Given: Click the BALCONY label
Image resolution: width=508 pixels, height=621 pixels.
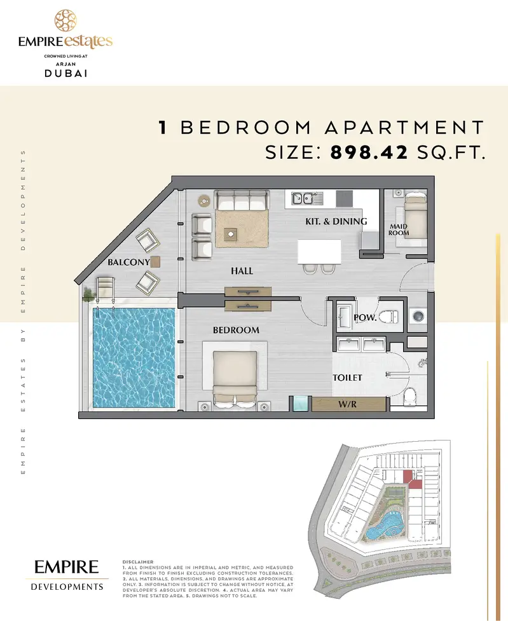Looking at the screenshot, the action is coord(129,262).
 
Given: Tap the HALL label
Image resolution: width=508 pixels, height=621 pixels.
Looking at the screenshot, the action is coord(242,271).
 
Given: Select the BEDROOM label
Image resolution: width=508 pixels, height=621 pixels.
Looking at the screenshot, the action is coord(236,330).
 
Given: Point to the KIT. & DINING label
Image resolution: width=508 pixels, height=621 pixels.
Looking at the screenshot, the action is coord(336,221).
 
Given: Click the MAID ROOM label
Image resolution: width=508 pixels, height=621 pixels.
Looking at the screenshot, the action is coord(399,229).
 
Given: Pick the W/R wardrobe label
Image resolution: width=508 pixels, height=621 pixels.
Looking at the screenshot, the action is coord(348,404).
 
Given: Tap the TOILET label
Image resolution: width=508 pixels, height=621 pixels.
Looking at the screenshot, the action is coord(347,378).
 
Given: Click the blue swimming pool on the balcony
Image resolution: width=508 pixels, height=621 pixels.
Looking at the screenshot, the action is coord(134,358).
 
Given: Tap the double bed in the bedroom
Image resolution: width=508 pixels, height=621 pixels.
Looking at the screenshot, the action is coord(235,379).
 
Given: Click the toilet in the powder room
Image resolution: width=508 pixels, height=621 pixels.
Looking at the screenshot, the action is coord(388,317).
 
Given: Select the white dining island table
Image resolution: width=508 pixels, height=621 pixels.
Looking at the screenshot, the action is coord(319,252).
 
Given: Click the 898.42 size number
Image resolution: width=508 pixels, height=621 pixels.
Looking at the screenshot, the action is coord(369,152).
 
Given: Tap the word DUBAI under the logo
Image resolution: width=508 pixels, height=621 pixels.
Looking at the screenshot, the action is coord(65,73).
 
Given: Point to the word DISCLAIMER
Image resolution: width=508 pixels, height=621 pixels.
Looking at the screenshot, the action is coord(138,562).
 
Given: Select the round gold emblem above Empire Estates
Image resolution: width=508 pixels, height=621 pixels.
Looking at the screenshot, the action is coord(65,20).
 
